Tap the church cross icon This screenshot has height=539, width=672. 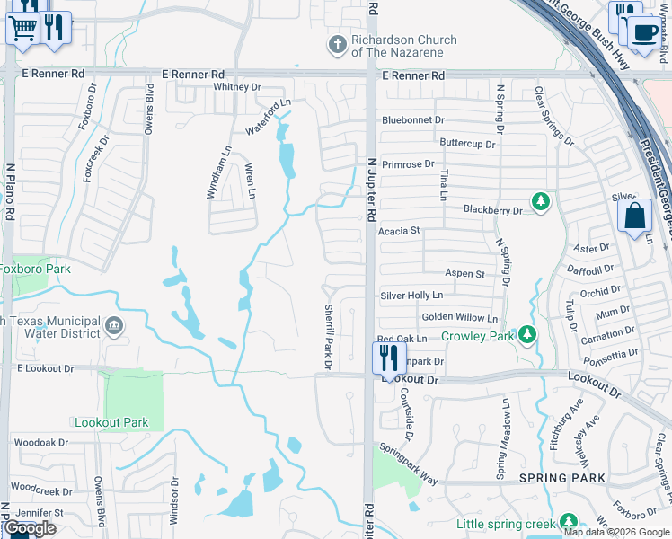[x=337, y=45]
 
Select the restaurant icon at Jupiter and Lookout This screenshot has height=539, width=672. [x=387, y=358]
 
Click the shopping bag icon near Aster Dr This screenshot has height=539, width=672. [x=634, y=216]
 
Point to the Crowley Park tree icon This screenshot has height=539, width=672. [x=527, y=336]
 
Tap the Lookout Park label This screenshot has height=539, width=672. [x=111, y=422]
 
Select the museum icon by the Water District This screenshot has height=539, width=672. [x=114, y=325]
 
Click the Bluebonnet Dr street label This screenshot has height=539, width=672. [x=413, y=119]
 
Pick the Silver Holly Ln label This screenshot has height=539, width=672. [x=411, y=295]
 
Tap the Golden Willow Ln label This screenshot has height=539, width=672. [x=459, y=318]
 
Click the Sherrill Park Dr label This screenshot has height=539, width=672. [x=328, y=335]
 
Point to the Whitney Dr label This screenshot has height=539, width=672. [x=237, y=87]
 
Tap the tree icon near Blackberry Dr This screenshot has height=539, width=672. [x=541, y=201]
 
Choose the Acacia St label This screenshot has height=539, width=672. [x=399, y=231]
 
